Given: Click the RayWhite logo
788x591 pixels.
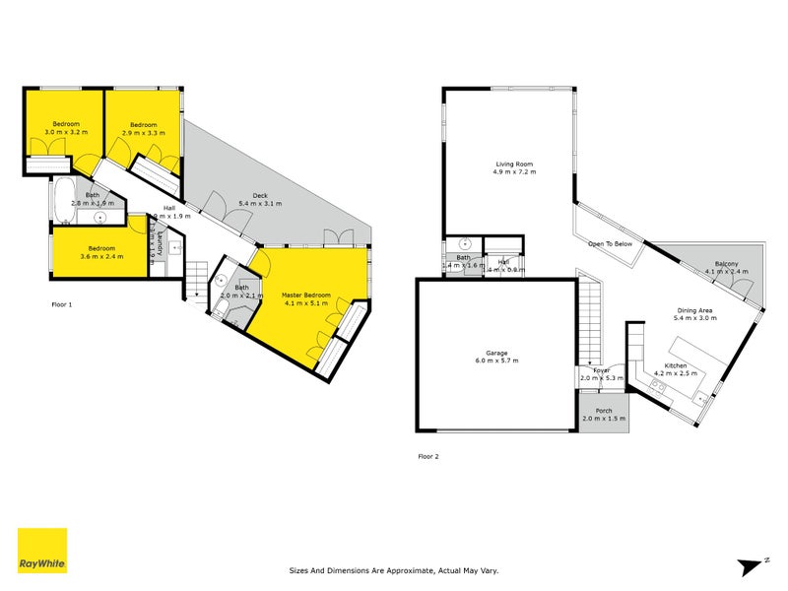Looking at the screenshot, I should point(42,551).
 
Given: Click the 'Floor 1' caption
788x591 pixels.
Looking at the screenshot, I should point(62,304).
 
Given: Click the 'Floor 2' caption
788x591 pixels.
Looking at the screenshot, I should point(429,456).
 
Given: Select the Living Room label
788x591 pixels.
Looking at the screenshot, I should point(514,164).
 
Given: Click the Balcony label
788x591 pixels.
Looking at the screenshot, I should point(727,265).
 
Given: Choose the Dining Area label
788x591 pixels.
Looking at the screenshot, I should point(692,311).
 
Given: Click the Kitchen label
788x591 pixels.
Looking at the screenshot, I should point(677,366).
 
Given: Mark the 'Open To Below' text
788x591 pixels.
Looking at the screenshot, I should point(611,243).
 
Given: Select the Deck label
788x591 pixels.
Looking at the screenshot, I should point(260,195).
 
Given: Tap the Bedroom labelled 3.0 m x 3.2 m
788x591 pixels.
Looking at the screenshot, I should point(66,124).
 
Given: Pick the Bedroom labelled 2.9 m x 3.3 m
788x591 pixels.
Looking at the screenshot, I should point(145,125).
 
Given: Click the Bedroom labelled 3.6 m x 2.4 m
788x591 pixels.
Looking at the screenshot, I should point(102,248).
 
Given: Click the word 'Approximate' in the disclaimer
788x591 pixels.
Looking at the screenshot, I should point(428,569).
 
